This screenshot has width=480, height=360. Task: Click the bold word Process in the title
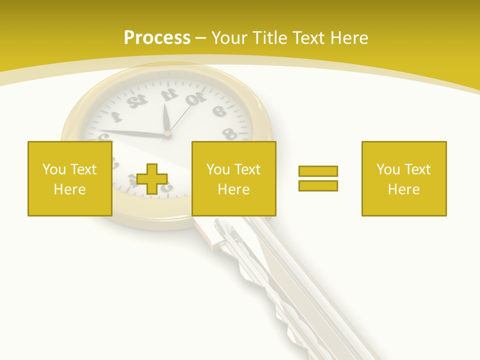(x=157, y=38)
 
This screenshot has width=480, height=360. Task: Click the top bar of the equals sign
(x=318, y=171)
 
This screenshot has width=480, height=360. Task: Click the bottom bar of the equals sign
(x=318, y=185)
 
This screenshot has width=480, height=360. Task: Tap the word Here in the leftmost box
(x=69, y=189)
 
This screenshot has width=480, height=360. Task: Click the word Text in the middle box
(x=248, y=169)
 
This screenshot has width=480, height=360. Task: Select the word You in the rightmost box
(x=388, y=169)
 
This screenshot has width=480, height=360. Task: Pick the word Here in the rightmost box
(x=403, y=189)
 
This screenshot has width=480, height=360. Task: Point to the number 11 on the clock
(x=168, y=94)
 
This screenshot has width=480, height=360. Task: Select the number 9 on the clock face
(x=218, y=111)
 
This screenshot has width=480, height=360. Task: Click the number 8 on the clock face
(x=229, y=133)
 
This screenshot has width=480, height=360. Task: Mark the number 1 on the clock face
(x=116, y=117)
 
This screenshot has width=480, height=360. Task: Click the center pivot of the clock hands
(x=167, y=133)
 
